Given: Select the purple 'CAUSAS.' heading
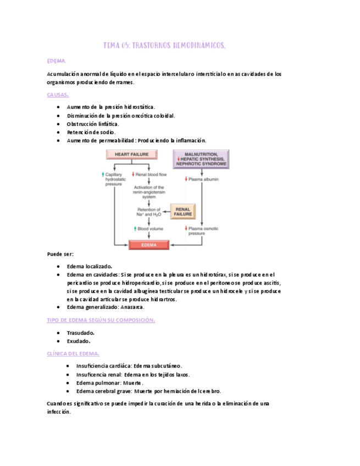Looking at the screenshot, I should coord(58,95).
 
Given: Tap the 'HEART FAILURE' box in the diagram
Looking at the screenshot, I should coord(131,155).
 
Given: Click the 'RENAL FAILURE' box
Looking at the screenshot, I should coord(182,212).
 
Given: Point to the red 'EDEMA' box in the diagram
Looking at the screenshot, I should coord(148,245).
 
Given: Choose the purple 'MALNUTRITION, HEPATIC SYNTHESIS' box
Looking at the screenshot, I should coord(201,159).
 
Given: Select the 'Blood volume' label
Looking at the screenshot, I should coord(148,228).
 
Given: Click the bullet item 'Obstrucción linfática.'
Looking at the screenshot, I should coord(93,124).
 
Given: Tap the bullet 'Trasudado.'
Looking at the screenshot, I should coord(80,332).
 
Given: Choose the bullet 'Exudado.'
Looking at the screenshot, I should coord(79,341).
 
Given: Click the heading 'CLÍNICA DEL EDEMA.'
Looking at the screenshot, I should coord(73,354).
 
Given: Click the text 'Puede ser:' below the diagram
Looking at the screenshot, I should coord(60,254).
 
